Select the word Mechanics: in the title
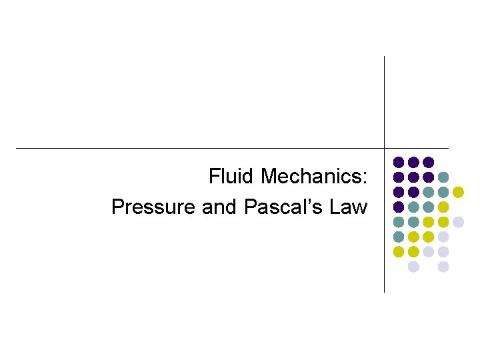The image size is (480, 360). pyautogui.click(x=313, y=177)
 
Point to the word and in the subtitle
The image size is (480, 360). pyautogui.click(x=219, y=207)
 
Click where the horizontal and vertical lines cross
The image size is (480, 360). pyautogui.click(x=385, y=148)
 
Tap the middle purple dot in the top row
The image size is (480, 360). pyautogui.click(x=413, y=162)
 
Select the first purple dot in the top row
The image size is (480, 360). pyautogui.click(x=399, y=162)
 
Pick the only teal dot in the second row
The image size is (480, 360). pyautogui.click(x=443, y=177)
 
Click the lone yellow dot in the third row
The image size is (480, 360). pyautogui.click(x=458, y=192)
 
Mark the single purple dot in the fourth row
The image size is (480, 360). pyautogui.click(x=399, y=207)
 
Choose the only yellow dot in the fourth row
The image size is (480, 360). pyautogui.click(x=443, y=207)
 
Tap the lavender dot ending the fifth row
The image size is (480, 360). pyautogui.click(x=458, y=222)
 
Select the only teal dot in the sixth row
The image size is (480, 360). pyautogui.click(x=399, y=237)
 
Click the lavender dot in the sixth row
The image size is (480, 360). pyautogui.click(x=443, y=237)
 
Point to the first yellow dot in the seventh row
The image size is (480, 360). pyautogui.click(x=399, y=252)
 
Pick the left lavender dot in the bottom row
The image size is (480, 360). pyautogui.click(x=413, y=267)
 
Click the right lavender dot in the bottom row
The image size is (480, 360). pyautogui.click(x=443, y=267)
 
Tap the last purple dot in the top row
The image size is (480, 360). pyautogui.click(x=429, y=162)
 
